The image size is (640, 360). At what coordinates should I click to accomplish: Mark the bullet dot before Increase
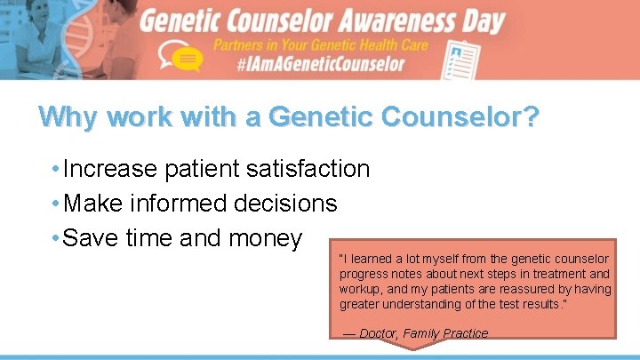coord(55,168)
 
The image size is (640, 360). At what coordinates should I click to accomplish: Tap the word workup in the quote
coord(359,289)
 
